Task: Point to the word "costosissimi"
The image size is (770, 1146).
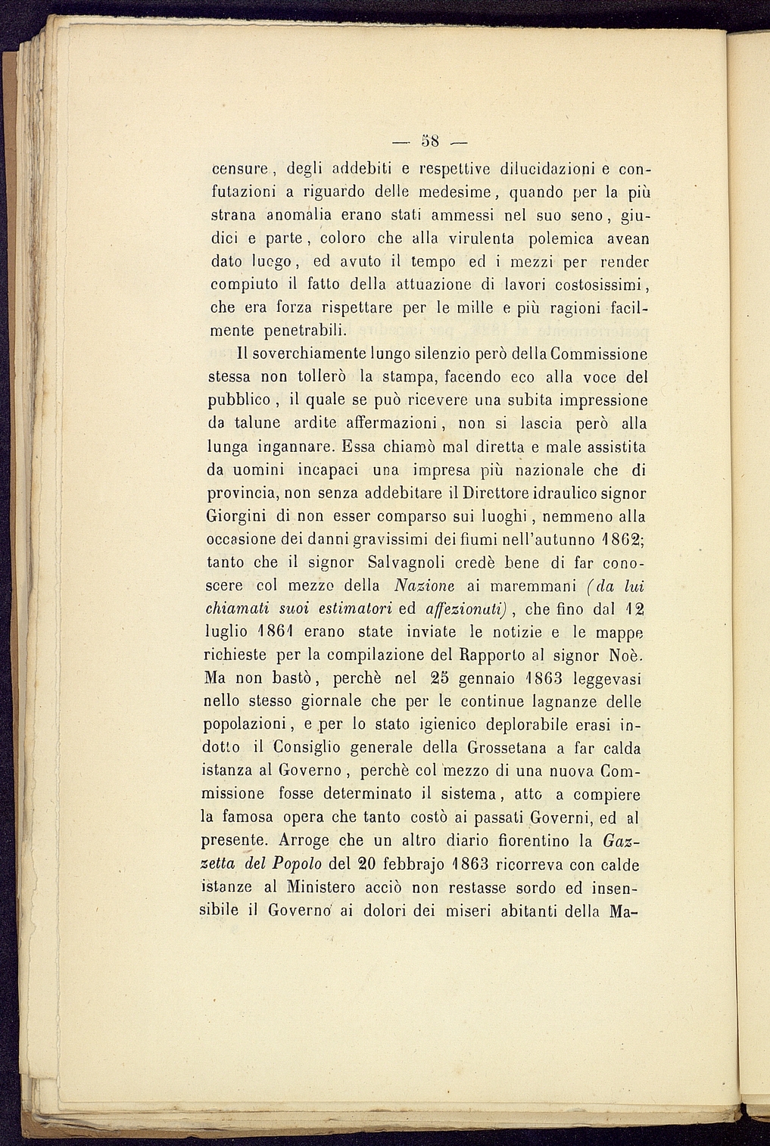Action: pos(599,285)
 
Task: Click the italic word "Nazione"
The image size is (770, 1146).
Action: pos(425,587)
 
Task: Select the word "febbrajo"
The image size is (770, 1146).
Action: pos(409,864)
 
